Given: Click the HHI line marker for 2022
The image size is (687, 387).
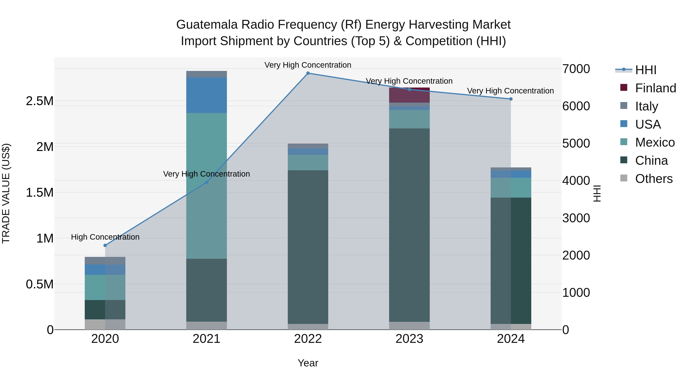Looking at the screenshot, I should (308, 73).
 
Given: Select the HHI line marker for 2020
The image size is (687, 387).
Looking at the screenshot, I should (105, 245).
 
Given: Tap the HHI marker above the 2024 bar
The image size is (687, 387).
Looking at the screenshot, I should (511, 99).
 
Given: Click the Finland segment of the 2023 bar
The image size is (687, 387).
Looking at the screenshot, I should (409, 95).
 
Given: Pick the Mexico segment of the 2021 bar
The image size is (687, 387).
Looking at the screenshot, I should (206, 186).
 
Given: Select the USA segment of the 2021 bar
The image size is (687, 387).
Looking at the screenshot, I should (206, 95).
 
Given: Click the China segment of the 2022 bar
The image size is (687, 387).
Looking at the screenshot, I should (308, 247).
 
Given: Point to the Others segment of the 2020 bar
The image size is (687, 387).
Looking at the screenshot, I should (105, 325).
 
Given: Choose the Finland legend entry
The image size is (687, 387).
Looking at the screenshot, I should (648, 88).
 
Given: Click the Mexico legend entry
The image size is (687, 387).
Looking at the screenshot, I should (648, 142).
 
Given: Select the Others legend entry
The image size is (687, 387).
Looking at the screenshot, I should (648, 179).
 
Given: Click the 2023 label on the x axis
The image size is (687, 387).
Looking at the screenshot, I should (409, 339).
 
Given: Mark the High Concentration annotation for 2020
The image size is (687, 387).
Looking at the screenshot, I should (105, 237).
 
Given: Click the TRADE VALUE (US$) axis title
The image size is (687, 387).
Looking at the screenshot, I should (6, 193).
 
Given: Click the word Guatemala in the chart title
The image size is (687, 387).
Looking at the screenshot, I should (207, 25).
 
